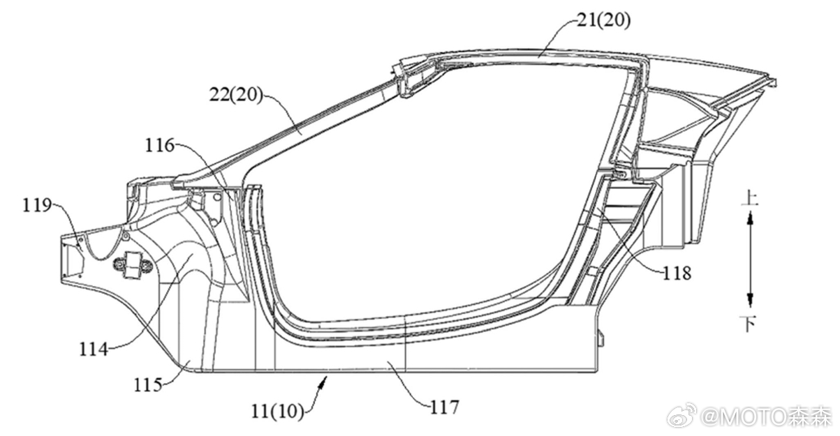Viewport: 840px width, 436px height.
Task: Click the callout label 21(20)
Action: tap(603, 21)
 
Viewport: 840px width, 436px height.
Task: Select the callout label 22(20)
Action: tap(236, 95)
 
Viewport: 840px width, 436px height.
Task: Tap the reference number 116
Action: tap(160, 145)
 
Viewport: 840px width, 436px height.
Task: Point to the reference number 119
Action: tap(37, 205)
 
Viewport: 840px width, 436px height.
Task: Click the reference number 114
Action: tap(94, 349)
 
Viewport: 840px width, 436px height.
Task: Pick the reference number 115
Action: tap(148, 384)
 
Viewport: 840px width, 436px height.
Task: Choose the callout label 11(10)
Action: tap(277, 412)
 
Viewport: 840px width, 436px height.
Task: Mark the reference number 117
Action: tap(444, 407)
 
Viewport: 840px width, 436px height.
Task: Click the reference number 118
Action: tap(677, 274)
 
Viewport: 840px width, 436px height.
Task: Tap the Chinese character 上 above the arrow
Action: tap(750, 198)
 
